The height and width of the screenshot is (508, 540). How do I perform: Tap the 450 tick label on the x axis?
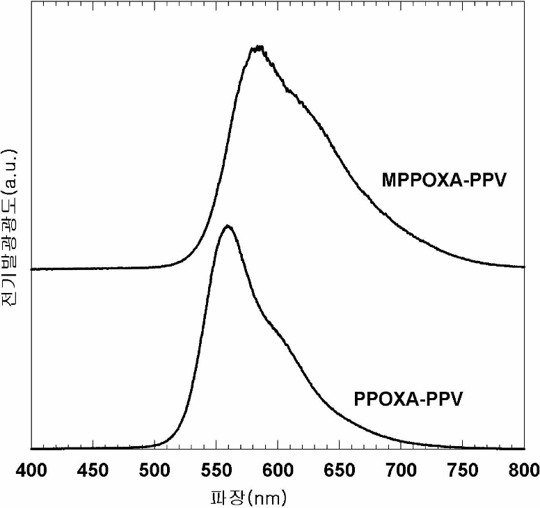(x=93, y=470)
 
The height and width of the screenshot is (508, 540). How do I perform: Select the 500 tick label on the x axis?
(x=154, y=470)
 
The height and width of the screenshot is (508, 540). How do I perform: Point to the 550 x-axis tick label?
(x=216, y=470)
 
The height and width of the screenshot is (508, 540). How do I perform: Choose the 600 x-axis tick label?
(x=278, y=470)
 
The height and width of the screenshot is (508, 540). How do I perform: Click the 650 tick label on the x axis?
(x=339, y=470)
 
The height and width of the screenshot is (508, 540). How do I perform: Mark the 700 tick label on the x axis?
(x=401, y=470)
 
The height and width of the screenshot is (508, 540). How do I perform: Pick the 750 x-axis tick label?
(x=463, y=470)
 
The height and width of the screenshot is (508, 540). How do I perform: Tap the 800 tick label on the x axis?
(x=524, y=470)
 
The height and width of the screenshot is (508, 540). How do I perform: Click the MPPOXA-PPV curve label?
(x=444, y=180)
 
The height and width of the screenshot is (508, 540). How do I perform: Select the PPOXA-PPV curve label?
(x=408, y=399)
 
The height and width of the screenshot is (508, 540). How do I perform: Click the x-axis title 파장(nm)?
(x=248, y=498)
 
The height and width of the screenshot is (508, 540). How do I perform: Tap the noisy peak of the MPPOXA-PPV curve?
(x=257, y=47)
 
